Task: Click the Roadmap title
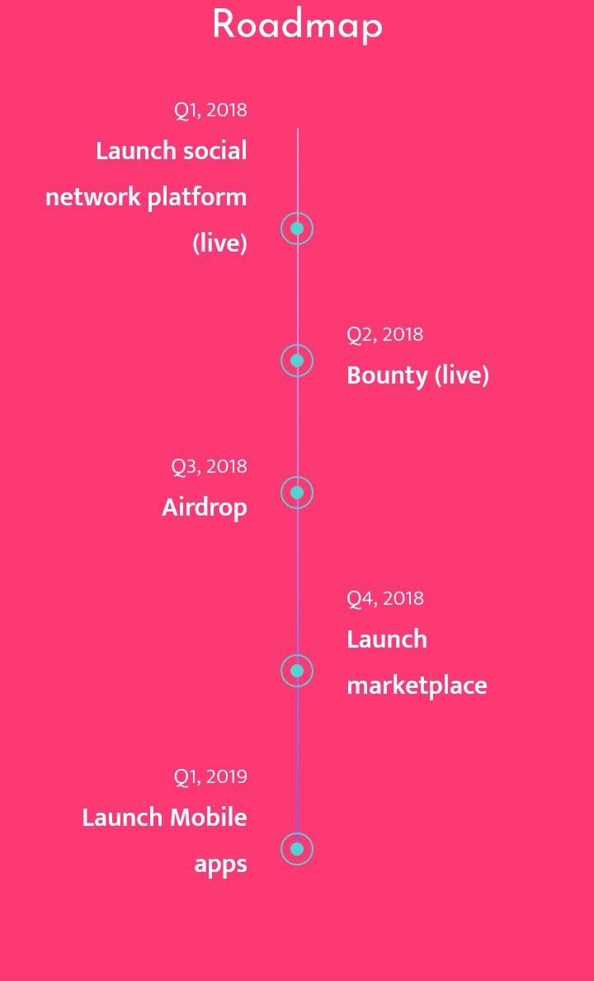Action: (297, 26)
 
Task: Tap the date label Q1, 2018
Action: (210, 110)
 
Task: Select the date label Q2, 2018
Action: (384, 334)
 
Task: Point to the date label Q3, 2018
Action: (210, 466)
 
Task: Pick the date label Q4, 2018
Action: (385, 598)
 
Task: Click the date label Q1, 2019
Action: (210, 776)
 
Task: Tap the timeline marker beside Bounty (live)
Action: (297, 361)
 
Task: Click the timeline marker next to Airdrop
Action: (297, 493)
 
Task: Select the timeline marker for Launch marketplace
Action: (297, 671)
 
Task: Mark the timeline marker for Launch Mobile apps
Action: (297, 849)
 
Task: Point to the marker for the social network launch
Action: (297, 229)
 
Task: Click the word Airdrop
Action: (205, 507)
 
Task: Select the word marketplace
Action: (417, 685)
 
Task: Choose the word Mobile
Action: (208, 817)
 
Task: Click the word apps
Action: (221, 865)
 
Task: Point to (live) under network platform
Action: (220, 243)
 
